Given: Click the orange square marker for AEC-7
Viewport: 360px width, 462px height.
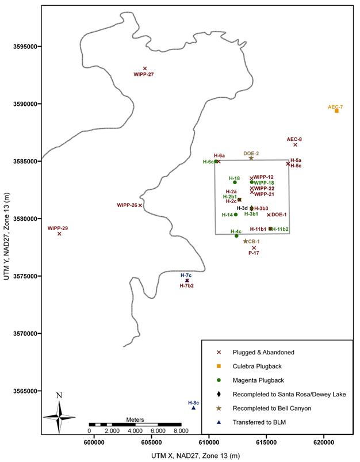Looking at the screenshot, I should tap(336, 110).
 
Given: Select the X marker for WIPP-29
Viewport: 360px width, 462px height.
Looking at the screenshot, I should tap(59, 234).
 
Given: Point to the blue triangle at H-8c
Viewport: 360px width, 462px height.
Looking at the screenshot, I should tap(193, 407).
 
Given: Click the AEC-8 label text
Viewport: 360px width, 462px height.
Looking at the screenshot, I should tap(294, 139).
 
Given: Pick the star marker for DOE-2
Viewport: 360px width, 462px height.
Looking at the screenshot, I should tap(251, 158).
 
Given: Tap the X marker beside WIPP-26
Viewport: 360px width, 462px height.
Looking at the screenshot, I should tap(140, 205).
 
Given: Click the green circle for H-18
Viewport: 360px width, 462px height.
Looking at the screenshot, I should tap(235, 182).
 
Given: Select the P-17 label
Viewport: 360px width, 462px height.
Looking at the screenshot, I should tap(254, 253).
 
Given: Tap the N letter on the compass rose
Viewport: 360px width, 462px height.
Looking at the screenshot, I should tap(59, 395).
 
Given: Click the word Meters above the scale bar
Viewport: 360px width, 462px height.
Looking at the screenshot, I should tap(134, 420).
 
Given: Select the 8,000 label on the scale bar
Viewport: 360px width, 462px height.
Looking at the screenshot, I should tap(181, 430).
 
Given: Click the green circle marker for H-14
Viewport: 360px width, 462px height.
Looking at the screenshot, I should tap(236, 215).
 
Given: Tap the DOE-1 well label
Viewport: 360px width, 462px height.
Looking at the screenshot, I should tap(279, 215).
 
